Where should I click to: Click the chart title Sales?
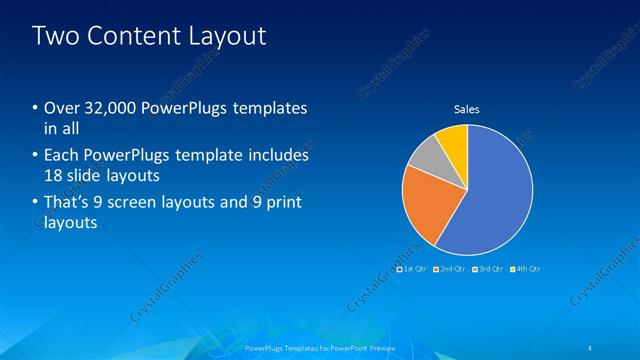click(x=466, y=108)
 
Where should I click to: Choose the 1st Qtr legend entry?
click(x=414, y=269)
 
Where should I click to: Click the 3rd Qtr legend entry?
click(x=489, y=269)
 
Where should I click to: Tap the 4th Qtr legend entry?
click(x=526, y=269)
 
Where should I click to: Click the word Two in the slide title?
click(x=54, y=36)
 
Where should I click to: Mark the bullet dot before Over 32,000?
click(x=36, y=108)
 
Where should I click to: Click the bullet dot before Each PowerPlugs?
click(x=36, y=156)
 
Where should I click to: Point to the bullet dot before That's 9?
click(x=36, y=203)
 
